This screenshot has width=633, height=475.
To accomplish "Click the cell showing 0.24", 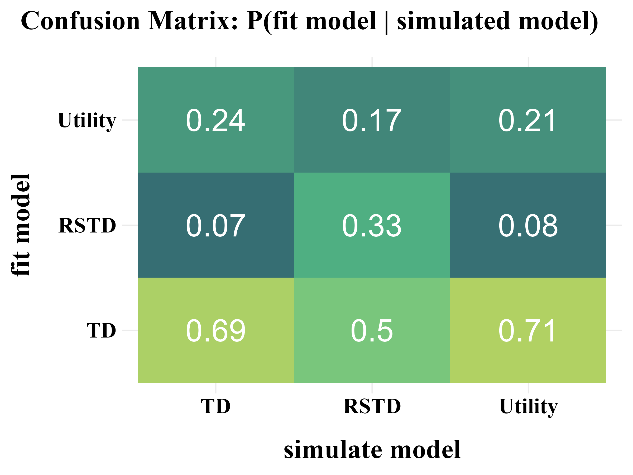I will coord(215,120).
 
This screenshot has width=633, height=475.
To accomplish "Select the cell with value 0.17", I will coord(372,120).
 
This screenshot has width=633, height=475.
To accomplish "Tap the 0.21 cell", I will coord(528,120).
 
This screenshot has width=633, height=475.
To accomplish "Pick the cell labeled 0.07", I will coord(215,225).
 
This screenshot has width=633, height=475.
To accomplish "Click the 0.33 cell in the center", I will coord(372,225).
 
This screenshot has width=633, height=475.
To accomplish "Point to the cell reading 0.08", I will coord(528,225).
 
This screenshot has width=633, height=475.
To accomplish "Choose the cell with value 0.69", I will coord(215,330).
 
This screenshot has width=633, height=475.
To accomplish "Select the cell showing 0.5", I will coord(372,330).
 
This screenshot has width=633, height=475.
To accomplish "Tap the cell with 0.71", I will coord(528,330).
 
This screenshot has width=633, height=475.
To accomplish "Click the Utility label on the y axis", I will coord(87,120).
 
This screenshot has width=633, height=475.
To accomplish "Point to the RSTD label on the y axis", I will coord(87,225).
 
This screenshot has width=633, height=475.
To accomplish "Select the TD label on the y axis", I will coord(101,330).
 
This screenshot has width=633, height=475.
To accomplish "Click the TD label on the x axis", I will coord(215,406).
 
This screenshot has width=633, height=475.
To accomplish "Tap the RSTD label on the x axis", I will coord(372,406).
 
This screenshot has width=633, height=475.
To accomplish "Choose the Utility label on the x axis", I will coord(528,407).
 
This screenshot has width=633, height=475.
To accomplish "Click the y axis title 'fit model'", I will coord(21,225).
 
